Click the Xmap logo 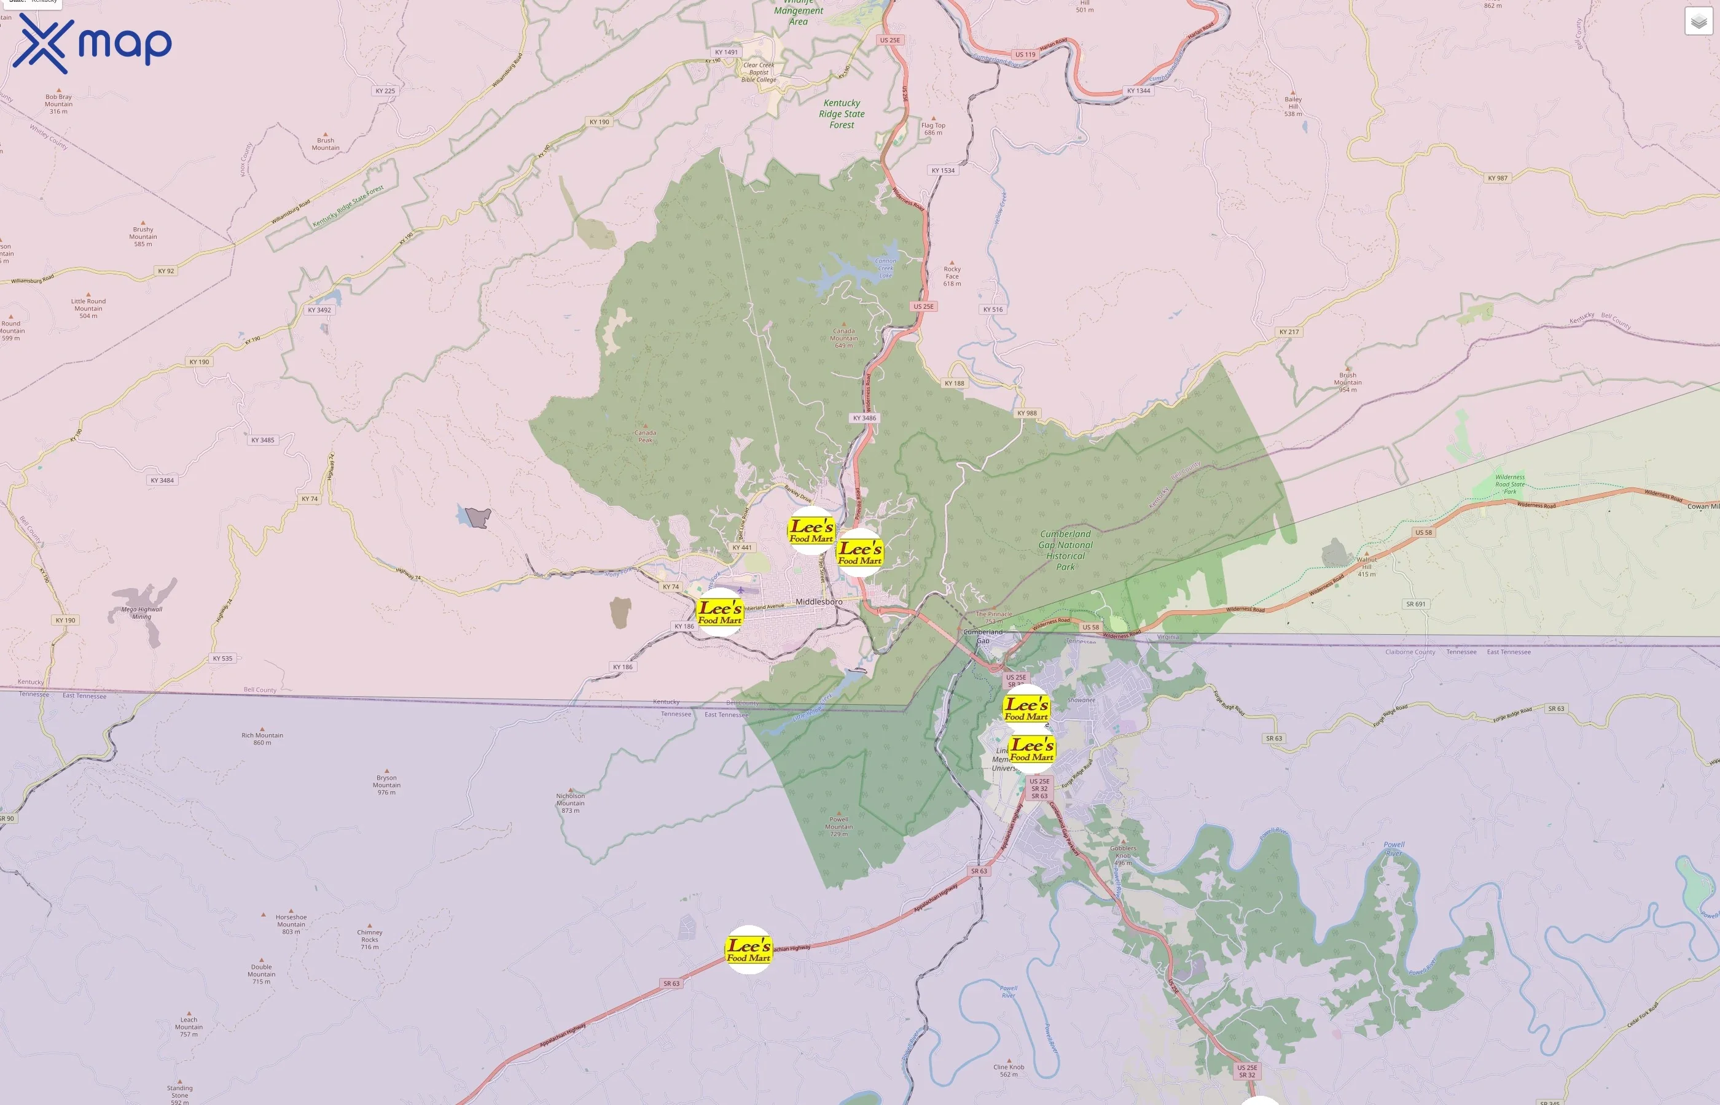point(92,44)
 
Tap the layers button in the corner point(1698,21)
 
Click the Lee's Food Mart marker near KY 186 point(719,612)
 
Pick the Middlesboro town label point(818,601)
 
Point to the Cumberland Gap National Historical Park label point(1065,550)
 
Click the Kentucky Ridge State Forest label point(842,114)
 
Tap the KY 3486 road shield point(864,417)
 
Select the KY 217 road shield point(1289,332)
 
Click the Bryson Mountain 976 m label point(386,785)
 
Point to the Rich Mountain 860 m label point(262,739)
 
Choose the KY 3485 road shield point(263,440)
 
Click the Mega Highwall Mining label point(141,613)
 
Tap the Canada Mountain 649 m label point(843,338)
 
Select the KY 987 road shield point(1498,178)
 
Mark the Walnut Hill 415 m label point(1366,567)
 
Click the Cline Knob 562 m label point(1009,1070)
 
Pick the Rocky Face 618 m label point(952,276)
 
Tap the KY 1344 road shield point(1138,91)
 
